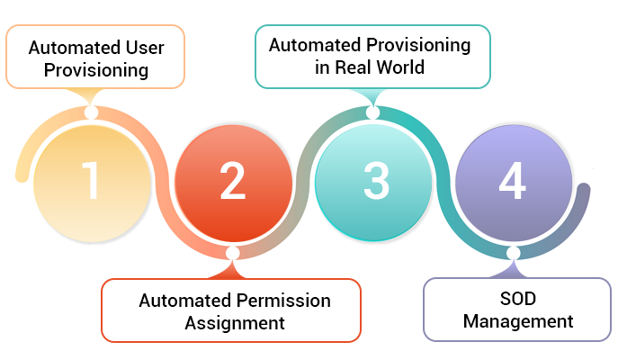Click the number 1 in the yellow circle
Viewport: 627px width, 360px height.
91,180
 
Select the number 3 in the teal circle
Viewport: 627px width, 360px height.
374,180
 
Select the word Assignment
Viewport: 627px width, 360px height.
235,322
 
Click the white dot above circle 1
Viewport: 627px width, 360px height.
90,112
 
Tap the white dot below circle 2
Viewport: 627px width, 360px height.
232,253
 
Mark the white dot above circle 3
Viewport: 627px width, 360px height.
373,112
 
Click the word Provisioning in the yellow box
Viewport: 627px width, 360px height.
95,69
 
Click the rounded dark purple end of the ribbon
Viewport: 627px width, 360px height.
584,191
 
